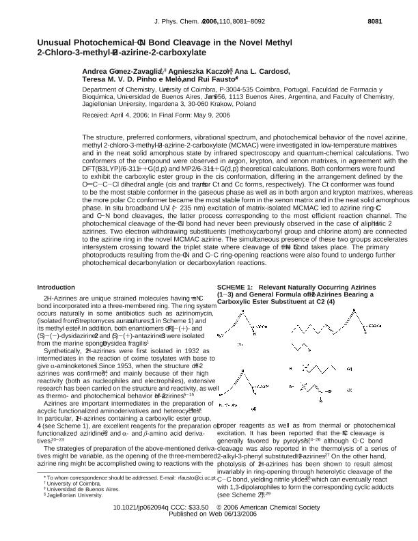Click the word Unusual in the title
pyautogui.click(x=57, y=42)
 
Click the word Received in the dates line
pyautogui.click(x=96, y=115)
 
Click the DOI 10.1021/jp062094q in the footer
pyautogui.click(x=143, y=527)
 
